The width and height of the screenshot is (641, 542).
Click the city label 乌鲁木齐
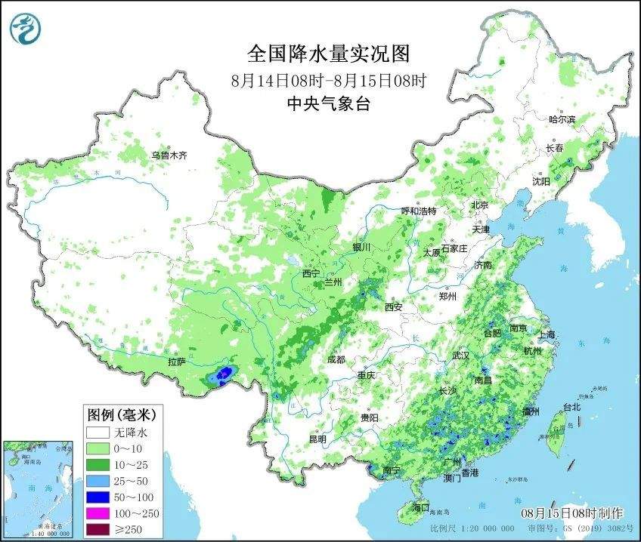pyautogui.click(x=168, y=155)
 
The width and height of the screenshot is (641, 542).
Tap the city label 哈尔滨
pyautogui.click(x=562, y=119)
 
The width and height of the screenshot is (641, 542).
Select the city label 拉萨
pyautogui.click(x=178, y=362)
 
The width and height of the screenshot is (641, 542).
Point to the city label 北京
pyautogui.click(x=480, y=205)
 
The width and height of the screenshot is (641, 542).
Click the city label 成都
pyautogui.click(x=336, y=359)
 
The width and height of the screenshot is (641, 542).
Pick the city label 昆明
pyautogui.click(x=317, y=439)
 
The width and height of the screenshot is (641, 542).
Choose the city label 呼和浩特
pyautogui.click(x=418, y=211)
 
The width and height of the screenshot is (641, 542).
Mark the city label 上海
pyautogui.click(x=547, y=334)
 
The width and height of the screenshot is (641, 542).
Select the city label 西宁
pyautogui.click(x=311, y=273)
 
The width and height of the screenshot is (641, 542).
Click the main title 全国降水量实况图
pyautogui.click(x=328, y=54)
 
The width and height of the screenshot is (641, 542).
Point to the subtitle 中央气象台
pyautogui.click(x=328, y=104)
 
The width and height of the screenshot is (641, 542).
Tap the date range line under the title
pyautogui.click(x=328, y=80)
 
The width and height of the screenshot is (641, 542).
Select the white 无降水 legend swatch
pyautogui.click(x=98, y=433)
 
